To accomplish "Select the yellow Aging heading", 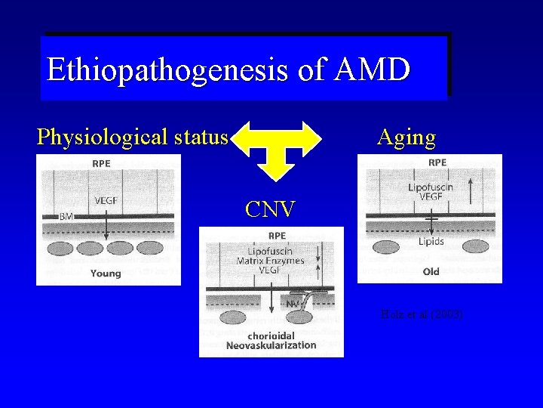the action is click(406, 138).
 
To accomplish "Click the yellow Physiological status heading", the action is click(132, 138).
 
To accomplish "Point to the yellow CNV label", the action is click(270, 208).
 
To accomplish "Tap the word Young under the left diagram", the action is click(105, 273).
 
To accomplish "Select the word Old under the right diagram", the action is click(431, 271).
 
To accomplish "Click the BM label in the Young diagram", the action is click(66, 216).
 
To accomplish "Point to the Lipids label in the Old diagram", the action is click(431, 241).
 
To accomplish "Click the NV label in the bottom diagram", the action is click(292, 304).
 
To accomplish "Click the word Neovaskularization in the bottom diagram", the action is click(271, 346).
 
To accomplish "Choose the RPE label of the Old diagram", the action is click(437, 162).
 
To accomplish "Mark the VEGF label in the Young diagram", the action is click(106, 201).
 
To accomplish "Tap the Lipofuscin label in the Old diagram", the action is click(431, 185).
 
